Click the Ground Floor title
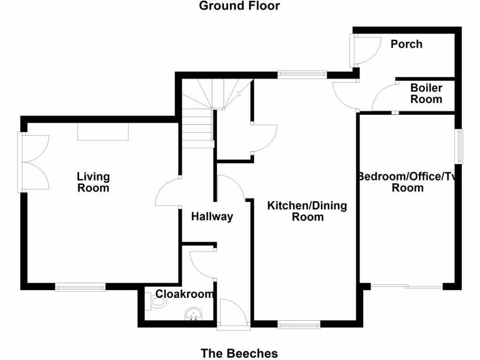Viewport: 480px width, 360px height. tap(239, 6)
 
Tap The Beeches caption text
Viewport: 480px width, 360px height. tap(239, 353)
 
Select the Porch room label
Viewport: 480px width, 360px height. tap(406, 44)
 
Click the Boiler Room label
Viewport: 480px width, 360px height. tap(426, 94)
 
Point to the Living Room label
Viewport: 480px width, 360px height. tap(93, 182)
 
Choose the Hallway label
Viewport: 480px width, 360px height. tap(212, 217)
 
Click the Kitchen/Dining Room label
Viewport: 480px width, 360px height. tap(307, 211)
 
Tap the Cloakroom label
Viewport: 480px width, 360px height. tap(185, 294)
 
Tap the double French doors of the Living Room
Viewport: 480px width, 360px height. tap(34, 162)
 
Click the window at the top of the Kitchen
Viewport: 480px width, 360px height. tap(302, 74)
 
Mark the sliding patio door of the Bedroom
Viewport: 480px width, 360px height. tap(406, 286)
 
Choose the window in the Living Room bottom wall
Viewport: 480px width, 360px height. tap(80, 286)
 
